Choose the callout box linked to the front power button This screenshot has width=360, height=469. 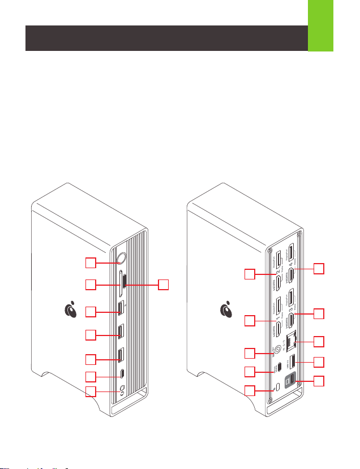tap(91, 262)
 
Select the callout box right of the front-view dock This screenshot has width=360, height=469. tap(163, 285)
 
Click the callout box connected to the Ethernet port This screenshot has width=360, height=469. tap(320, 341)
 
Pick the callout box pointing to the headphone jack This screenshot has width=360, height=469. tap(91, 391)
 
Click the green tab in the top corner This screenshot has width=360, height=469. tap(320, 26)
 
